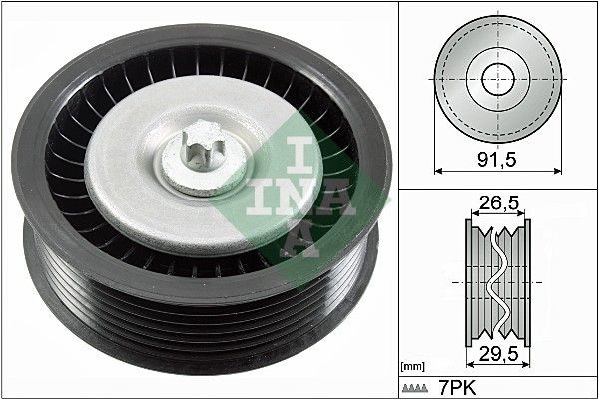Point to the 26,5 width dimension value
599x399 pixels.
pyautogui.click(x=496, y=205)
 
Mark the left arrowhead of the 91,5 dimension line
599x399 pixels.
pyautogui.click(x=440, y=170)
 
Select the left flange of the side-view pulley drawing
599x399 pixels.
pyautogui.click(x=472, y=280)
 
